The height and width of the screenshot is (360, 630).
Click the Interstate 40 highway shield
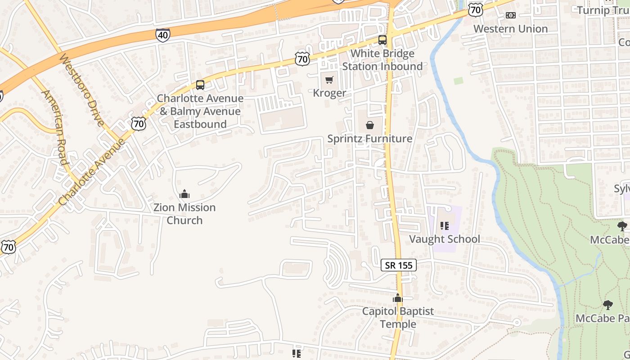click(x=163, y=35)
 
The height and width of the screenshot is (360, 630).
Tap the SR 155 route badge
click(x=399, y=265)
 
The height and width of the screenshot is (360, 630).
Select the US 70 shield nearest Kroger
click(x=303, y=58)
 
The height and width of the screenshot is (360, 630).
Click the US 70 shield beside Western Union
click(x=475, y=9)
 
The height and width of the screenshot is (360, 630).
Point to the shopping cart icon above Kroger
click(x=329, y=80)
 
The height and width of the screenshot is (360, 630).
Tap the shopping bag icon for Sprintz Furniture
click(x=369, y=125)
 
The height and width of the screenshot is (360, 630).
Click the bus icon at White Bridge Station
click(x=382, y=40)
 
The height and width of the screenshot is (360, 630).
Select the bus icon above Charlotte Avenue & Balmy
click(x=200, y=85)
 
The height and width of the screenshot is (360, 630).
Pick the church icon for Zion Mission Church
click(x=184, y=194)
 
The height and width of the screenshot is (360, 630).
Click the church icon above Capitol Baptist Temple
click(x=397, y=298)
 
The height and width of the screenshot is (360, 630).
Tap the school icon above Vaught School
click(x=445, y=226)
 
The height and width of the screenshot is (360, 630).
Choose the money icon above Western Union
click(x=510, y=15)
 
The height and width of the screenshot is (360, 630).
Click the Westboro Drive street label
click(x=82, y=90)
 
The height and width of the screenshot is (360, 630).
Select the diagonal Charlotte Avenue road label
click(x=91, y=172)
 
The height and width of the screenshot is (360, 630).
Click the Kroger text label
click(x=329, y=93)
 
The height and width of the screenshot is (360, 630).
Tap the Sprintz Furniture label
click(x=369, y=139)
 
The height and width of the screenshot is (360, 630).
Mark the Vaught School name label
click(x=445, y=239)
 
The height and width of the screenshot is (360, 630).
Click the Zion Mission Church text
click(x=184, y=214)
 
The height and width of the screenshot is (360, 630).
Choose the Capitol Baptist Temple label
click(x=398, y=317)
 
